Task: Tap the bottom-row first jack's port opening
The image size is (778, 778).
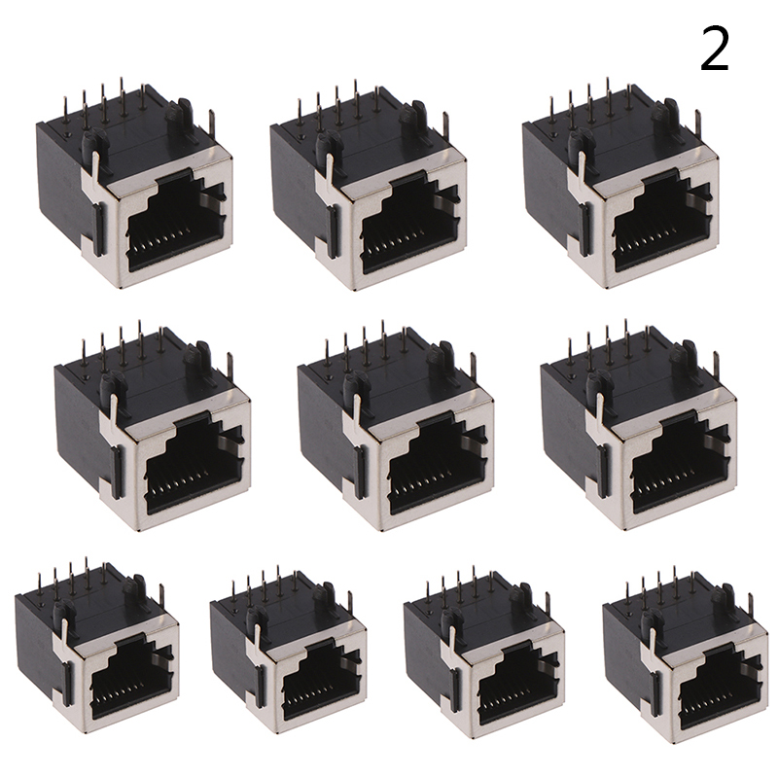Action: [x=132, y=680]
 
